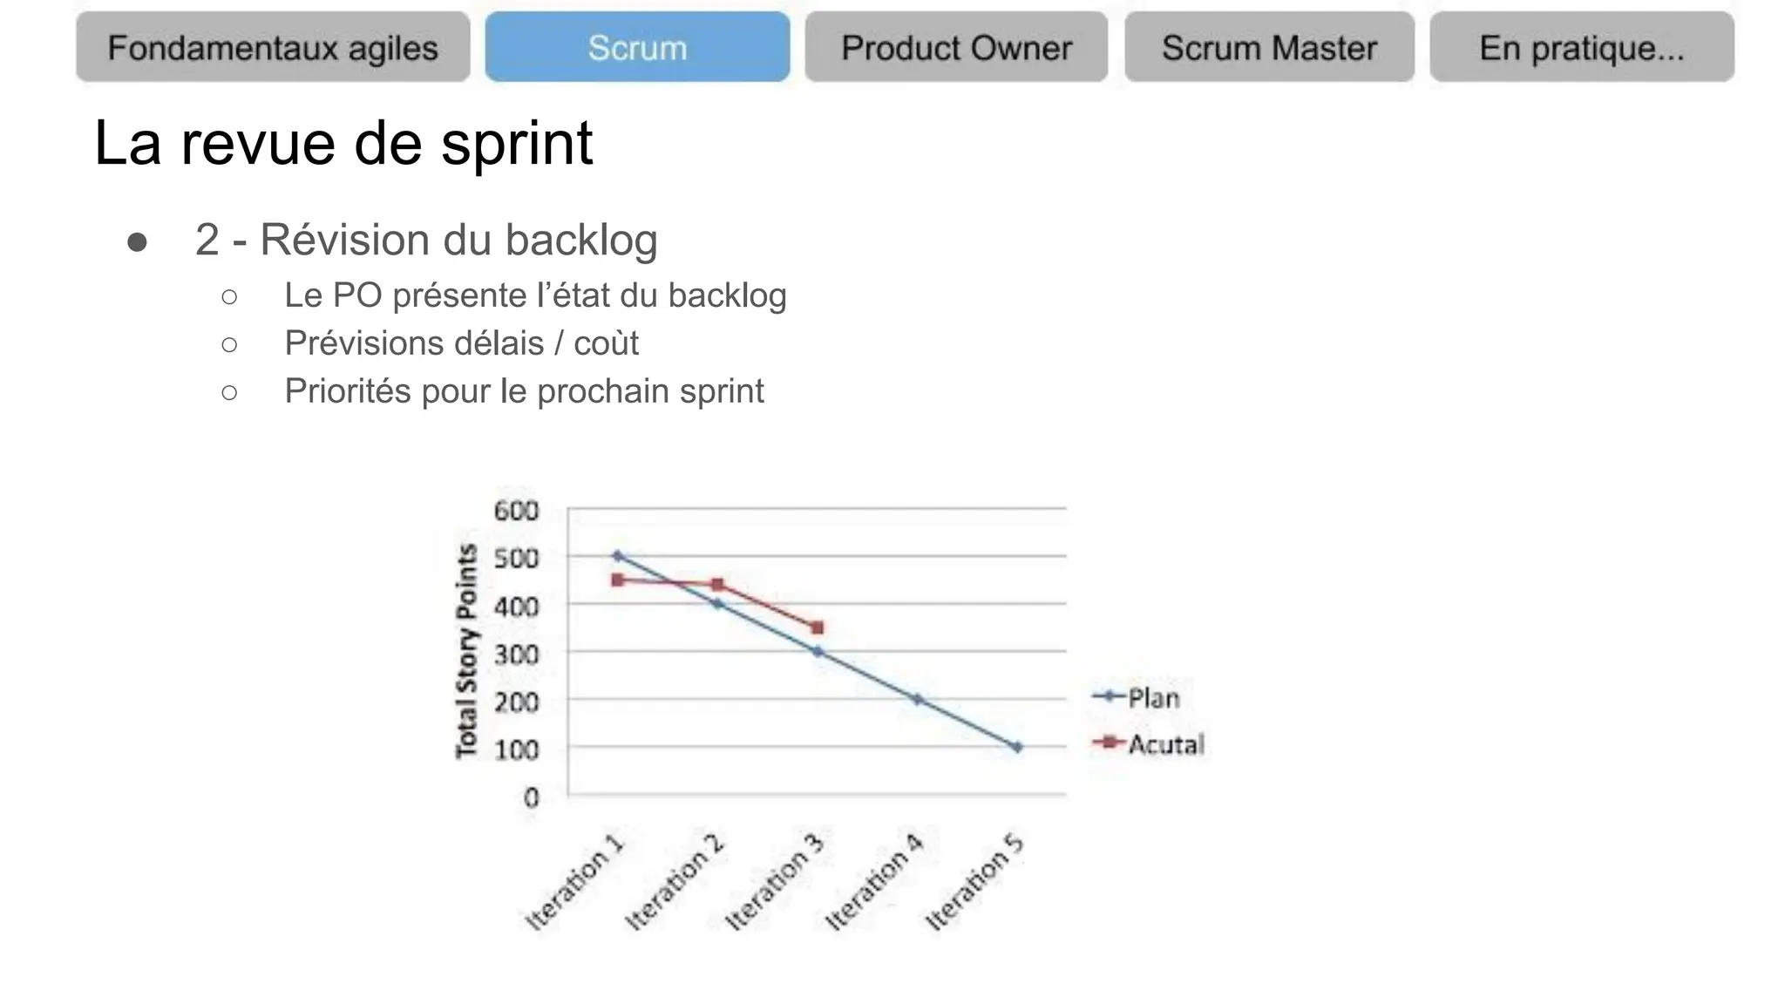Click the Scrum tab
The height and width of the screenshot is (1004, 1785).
click(x=637, y=47)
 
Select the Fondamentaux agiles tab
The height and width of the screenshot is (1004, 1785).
click(x=273, y=47)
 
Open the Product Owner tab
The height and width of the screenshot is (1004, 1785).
click(x=956, y=47)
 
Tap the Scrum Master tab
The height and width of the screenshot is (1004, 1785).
click(x=1269, y=47)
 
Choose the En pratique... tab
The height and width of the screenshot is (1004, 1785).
click(x=1581, y=47)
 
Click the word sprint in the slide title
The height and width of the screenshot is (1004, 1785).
click(x=517, y=143)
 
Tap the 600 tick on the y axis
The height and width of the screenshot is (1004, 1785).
click(x=516, y=510)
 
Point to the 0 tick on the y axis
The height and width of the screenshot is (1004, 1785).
click(x=531, y=797)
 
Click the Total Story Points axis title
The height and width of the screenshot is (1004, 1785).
click(x=467, y=650)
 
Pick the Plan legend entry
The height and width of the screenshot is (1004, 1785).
click(x=1151, y=697)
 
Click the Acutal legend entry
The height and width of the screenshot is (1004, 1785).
click(x=1164, y=744)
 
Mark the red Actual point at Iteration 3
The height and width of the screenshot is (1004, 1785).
click(x=818, y=627)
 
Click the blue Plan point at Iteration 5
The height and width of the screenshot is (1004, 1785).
click(x=1017, y=747)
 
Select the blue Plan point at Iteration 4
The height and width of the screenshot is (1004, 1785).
click(x=918, y=699)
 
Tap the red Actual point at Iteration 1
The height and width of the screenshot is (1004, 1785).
click(x=618, y=580)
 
